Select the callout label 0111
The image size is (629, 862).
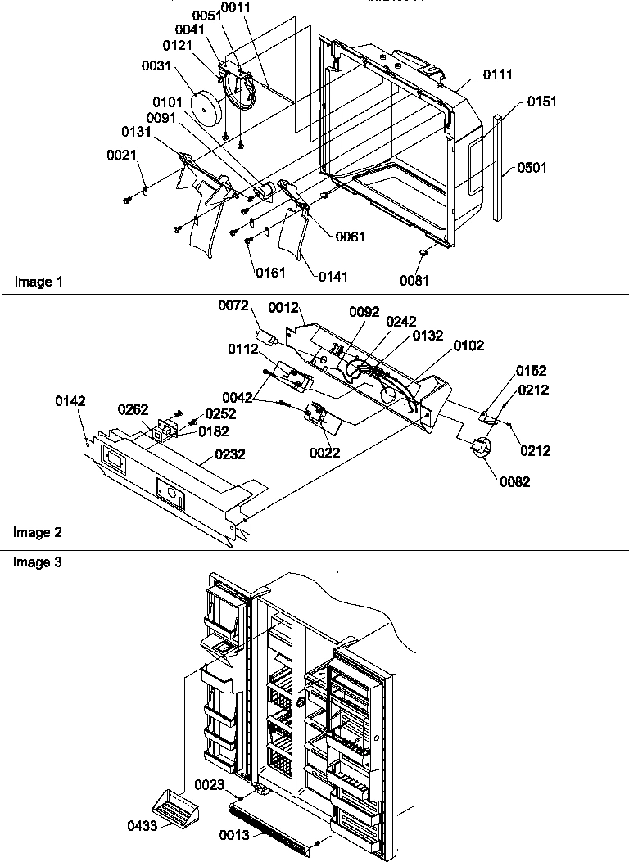pyautogui.click(x=498, y=75)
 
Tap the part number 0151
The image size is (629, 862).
pyautogui.click(x=542, y=102)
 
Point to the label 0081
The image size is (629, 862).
pyautogui.click(x=414, y=280)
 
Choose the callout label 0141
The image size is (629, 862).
pyautogui.click(x=332, y=277)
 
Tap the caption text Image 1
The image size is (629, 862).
pyautogui.click(x=38, y=282)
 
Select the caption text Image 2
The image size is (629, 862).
pyautogui.click(x=38, y=533)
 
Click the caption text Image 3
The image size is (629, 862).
pyautogui.click(x=38, y=562)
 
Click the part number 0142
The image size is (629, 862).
pyautogui.click(x=70, y=401)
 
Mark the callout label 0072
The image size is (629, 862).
pyautogui.click(x=233, y=305)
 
